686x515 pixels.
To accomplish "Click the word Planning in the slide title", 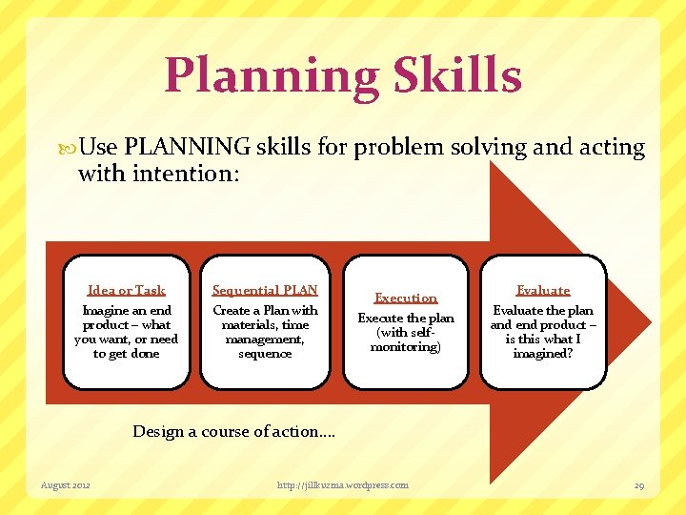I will tap(271, 76).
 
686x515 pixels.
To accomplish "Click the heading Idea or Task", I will tap(126, 290).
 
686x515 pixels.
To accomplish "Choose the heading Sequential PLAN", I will tap(265, 290).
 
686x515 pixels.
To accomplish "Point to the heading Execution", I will tap(406, 299).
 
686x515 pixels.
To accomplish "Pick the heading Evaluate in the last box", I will tap(542, 290).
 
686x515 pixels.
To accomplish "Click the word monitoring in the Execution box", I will tap(406, 347).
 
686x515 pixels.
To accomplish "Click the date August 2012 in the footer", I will tap(66, 485).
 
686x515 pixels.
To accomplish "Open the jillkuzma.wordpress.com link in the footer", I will tap(343, 485).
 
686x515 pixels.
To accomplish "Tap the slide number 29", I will tap(639, 485).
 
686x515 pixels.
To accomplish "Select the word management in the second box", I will tap(265, 340).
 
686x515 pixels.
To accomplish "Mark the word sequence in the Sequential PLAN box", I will tap(265, 354).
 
